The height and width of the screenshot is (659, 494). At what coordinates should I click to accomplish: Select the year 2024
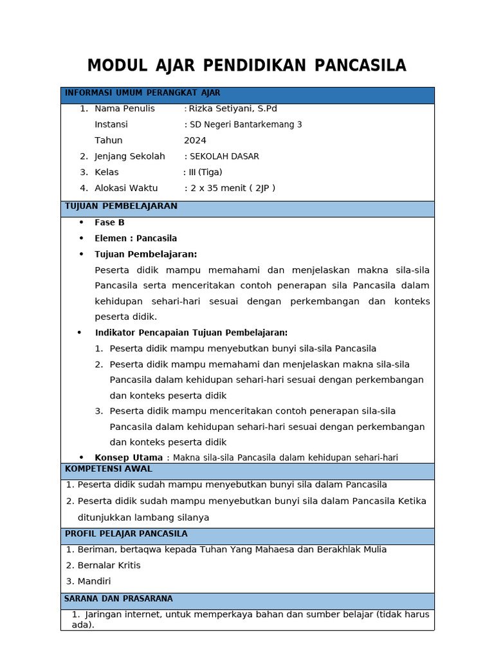coord(195,140)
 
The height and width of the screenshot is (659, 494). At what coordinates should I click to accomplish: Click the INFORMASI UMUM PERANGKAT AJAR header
coord(142,93)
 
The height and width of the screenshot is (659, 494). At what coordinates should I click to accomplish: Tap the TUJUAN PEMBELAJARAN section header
coord(121,207)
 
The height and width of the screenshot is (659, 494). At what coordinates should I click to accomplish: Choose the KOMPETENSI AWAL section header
coord(109,469)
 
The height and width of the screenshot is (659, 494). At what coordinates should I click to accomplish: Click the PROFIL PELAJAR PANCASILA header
coord(126,534)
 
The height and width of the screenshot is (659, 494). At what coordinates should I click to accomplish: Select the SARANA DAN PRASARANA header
coord(118,599)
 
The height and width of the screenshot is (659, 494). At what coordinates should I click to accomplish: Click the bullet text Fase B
coord(109,223)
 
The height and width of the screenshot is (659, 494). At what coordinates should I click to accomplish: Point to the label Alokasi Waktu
coord(126,188)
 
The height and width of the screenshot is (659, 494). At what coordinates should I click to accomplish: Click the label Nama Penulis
coord(125,109)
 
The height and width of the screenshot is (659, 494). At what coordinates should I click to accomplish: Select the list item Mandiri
coord(94,581)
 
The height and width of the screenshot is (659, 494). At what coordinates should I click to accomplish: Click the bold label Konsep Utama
coord(129,458)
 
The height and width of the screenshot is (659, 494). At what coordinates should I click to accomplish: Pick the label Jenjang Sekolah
coord(130,156)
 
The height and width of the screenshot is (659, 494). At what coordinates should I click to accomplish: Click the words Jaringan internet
coord(123,615)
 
